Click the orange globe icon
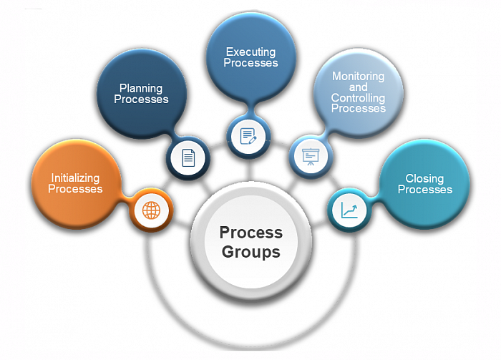coord(151,210)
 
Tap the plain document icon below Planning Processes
coord(188,157)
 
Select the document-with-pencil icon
coord(248,137)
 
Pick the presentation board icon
coord(311,157)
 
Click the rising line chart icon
coord(349,210)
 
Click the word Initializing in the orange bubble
coord(75,178)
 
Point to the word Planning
coord(141,88)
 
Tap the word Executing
coord(250,52)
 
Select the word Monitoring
coord(358,77)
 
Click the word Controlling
coord(358,98)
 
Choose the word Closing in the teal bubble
coord(424,178)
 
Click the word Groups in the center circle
coord(251,253)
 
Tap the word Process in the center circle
coord(251,233)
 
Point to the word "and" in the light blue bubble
coord(358,87)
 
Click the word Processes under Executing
coord(250,63)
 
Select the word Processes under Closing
coord(425,190)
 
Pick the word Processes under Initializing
coord(75,189)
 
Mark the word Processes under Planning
coord(141,99)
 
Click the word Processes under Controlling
coord(359,108)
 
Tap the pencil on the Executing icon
coord(252,140)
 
